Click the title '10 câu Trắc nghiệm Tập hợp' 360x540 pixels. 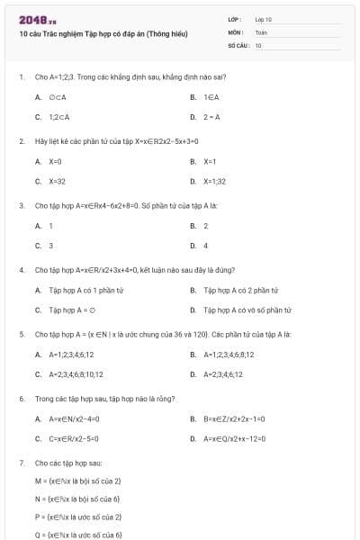[103, 33]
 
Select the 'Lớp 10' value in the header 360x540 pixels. [264, 19]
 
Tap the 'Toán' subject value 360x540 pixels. [262, 31]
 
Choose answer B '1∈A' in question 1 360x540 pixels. [211, 96]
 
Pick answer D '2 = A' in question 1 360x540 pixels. [211, 117]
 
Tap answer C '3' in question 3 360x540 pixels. [50, 245]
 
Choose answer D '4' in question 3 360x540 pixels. [206, 245]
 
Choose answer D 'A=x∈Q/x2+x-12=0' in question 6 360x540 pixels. [235, 438]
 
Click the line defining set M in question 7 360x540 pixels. [77, 481]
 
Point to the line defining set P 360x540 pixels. [77, 517]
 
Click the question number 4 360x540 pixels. [21, 269]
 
